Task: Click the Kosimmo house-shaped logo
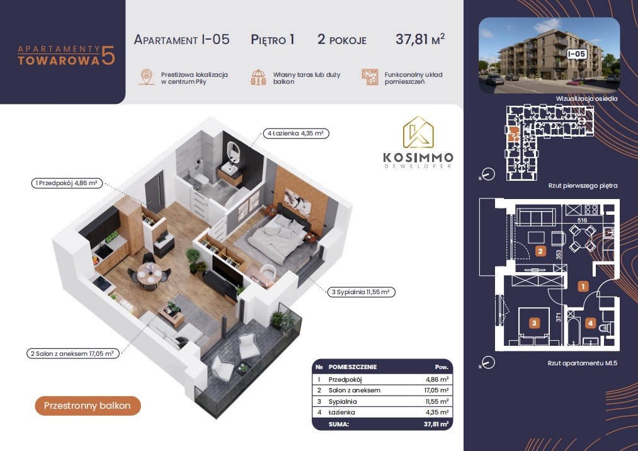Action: tap(418, 132)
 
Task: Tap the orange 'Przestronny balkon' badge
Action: tap(88, 406)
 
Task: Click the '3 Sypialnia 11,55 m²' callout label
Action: tap(361, 292)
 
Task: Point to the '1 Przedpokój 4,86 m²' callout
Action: tap(66, 183)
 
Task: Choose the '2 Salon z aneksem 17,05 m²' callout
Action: tap(72, 354)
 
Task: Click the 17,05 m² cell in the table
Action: tap(436, 391)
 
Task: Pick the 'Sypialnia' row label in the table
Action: tap(343, 401)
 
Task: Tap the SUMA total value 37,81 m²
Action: tap(436, 424)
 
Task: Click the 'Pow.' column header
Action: tap(441, 367)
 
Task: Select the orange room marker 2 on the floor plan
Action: tap(540, 251)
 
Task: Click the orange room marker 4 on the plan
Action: tap(590, 324)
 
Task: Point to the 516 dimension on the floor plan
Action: tap(582, 220)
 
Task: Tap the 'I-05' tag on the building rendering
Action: tap(576, 54)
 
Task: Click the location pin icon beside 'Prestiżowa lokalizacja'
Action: tap(145, 77)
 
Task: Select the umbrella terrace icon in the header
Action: tap(258, 77)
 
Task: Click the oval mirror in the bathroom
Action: tap(233, 151)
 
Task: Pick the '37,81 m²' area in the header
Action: tap(420, 39)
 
